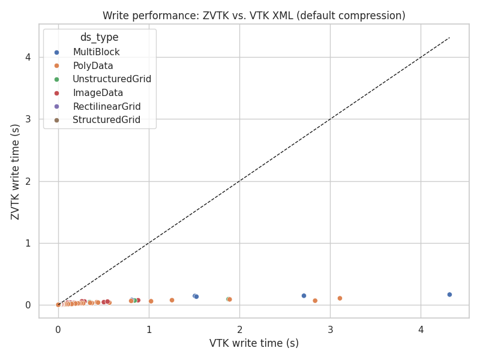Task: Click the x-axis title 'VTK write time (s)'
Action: point(254,343)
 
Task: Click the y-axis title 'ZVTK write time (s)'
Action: point(16,171)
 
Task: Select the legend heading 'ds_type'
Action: point(99,37)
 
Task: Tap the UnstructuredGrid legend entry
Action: point(112,79)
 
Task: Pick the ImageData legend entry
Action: point(98,93)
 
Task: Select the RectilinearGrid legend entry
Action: point(106,107)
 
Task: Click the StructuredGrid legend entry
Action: point(106,120)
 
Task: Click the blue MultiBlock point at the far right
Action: point(449,295)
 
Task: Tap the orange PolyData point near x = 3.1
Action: point(340,298)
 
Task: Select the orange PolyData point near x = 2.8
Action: point(315,301)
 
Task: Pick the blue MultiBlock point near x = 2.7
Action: point(304,296)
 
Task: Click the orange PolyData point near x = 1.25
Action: point(172,300)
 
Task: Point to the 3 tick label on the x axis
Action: point(330,329)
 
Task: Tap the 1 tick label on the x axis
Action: point(149,329)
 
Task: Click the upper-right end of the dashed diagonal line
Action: point(449,38)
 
